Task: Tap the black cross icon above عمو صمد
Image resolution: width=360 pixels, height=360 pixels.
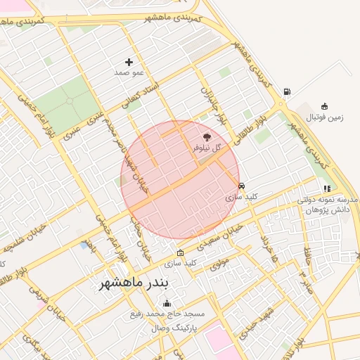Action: (129, 63)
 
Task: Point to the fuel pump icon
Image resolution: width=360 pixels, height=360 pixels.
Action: (287, 91)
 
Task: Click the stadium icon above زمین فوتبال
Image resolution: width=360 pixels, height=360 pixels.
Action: (324, 106)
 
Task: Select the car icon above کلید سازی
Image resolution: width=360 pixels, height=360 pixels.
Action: (242, 186)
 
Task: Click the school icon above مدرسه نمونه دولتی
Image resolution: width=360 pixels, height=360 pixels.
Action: (327, 188)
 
